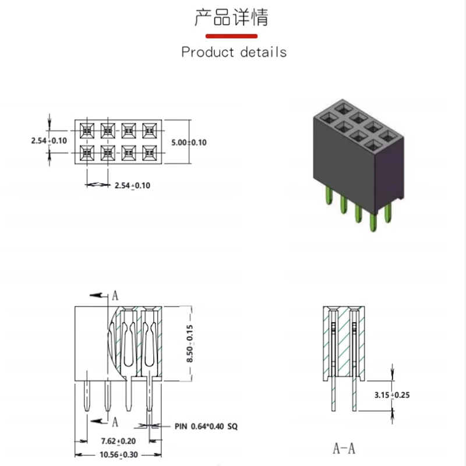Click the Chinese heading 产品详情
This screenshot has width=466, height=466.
[231, 17]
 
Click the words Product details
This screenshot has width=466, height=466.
[234, 52]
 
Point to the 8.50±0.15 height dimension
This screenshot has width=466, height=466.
[189, 344]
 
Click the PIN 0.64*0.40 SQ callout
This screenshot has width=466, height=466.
[206, 426]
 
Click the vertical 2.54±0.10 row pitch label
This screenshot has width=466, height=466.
[49, 140]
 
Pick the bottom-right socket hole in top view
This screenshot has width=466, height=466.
[149, 153]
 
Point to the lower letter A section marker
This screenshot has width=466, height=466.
[115, 421]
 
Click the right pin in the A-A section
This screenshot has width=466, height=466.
[355, 396]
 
